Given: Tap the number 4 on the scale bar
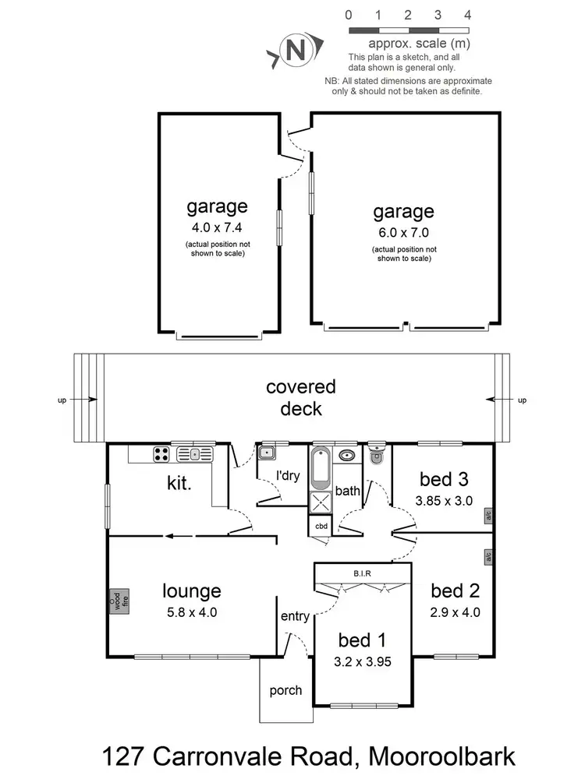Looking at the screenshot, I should pos(467,15).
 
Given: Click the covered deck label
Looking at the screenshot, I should pos(300,397).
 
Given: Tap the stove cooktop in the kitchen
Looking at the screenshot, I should pos(161,454).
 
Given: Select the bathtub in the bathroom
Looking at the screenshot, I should pos(321,467).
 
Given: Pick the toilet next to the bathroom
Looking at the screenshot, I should pos(377,456).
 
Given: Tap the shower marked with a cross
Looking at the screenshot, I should pos(321,503).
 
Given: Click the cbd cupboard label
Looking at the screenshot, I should pos(321,526).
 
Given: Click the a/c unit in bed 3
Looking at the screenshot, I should pos(488,516).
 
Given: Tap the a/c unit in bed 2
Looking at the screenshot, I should pos(488,558).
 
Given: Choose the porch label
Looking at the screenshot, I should pos(285,690).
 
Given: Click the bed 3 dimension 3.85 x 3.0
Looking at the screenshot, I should pos(446,501).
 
